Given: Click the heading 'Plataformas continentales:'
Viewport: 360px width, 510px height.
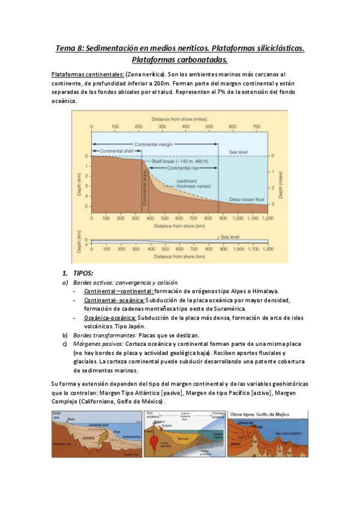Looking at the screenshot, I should click(x=88, y=74).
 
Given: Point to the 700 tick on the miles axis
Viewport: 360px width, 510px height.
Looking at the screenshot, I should click(x=256, y=127).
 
